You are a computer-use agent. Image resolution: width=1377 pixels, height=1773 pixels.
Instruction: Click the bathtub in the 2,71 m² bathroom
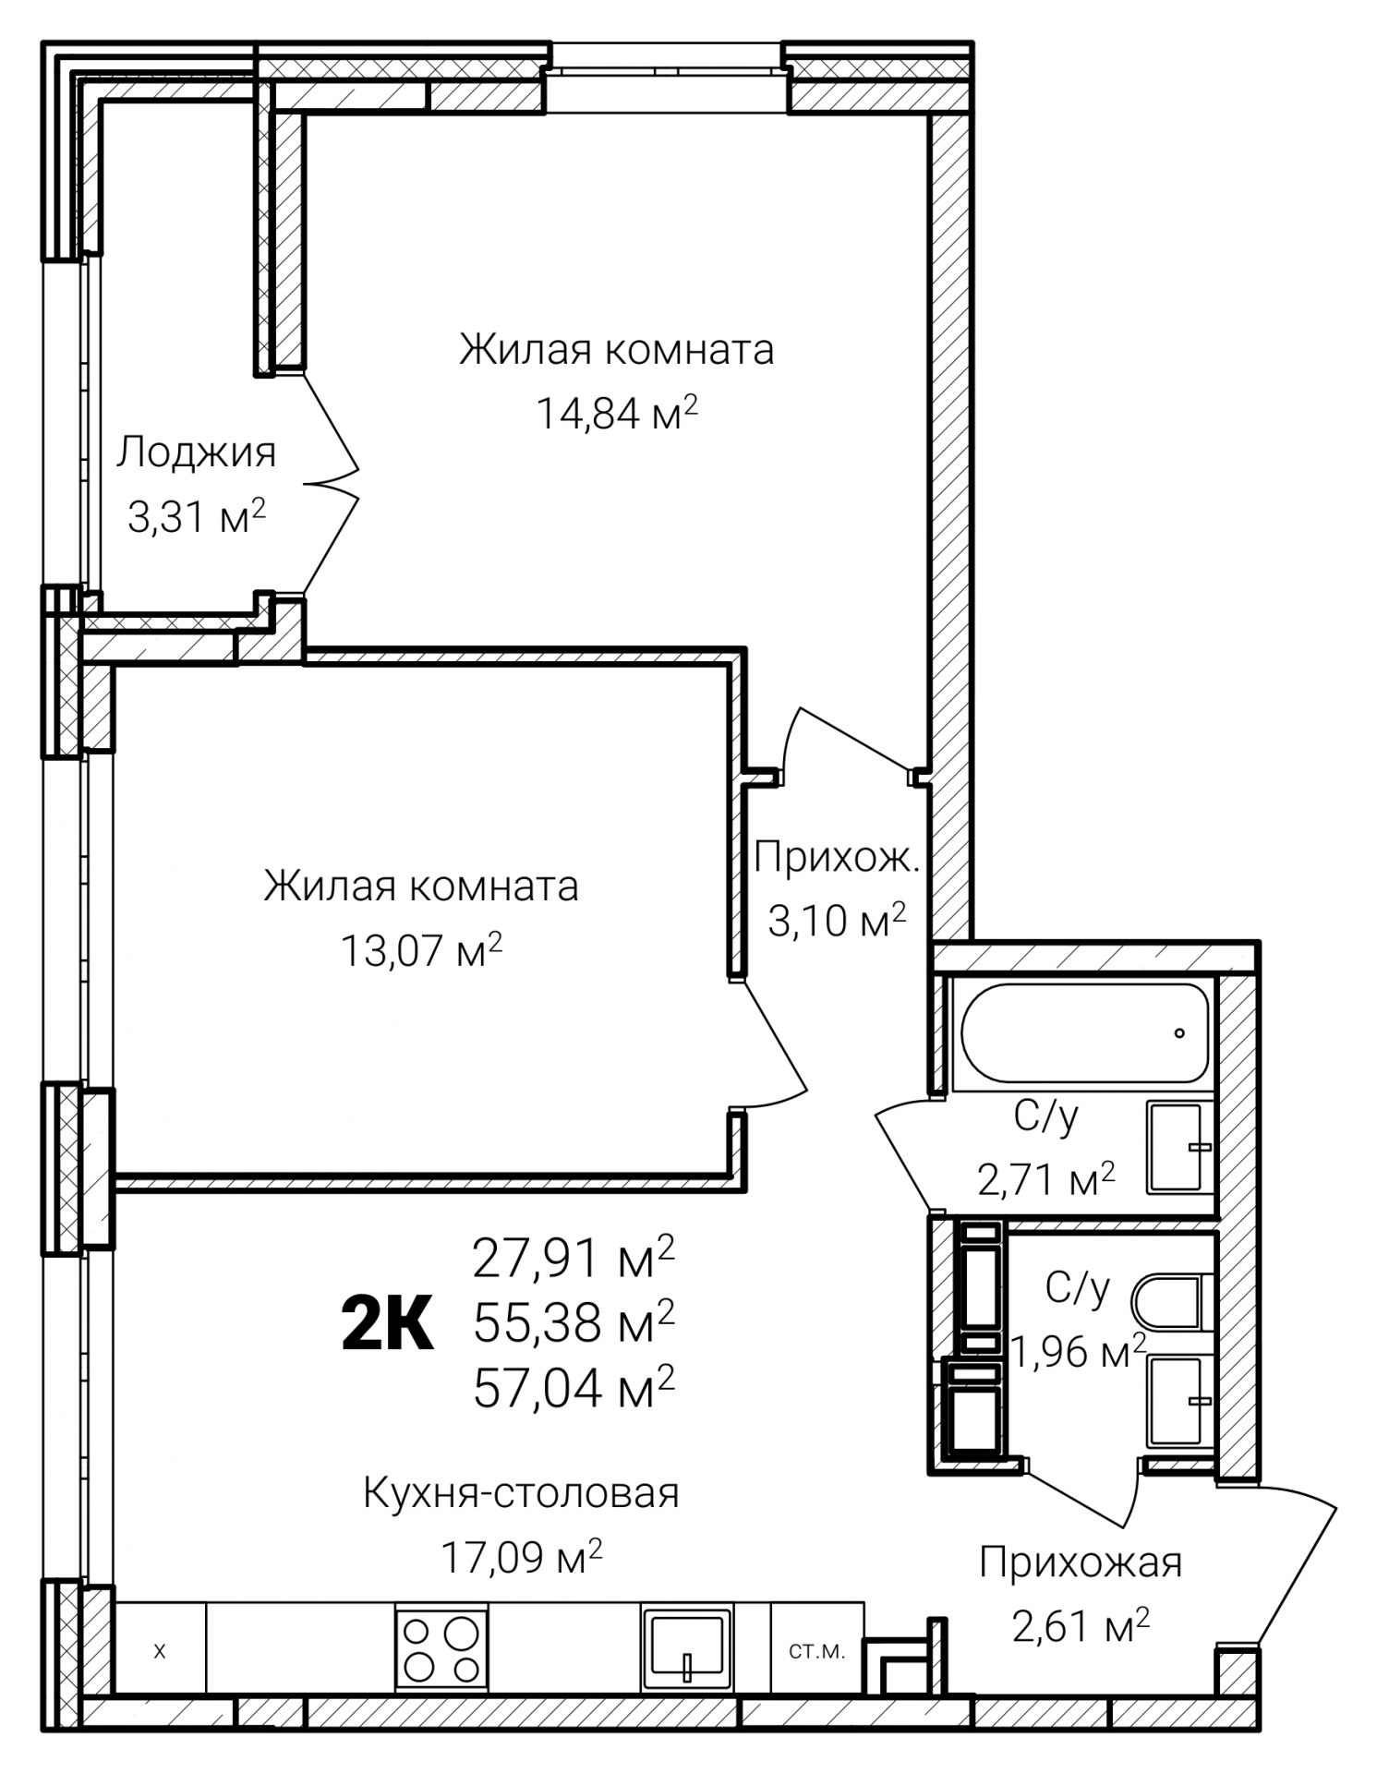tap(1084, 1031)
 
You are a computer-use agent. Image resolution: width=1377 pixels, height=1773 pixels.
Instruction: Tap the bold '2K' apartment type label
tap(387, 1323)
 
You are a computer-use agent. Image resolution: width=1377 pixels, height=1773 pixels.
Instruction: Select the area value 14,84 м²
tap(617, 412)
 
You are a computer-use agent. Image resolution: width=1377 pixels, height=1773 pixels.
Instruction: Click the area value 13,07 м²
tap(422, 948)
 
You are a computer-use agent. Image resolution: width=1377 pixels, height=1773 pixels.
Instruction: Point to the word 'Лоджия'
tap(196, 453)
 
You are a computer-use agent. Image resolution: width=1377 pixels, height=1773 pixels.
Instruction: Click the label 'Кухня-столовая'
tap(521, 1493)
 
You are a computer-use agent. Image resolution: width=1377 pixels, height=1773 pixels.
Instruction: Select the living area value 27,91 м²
tap(574, 1257)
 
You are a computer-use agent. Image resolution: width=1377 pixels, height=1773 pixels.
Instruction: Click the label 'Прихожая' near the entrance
tap(1081, 1563)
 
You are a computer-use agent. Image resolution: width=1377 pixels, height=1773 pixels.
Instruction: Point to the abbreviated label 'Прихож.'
tap(837, 859)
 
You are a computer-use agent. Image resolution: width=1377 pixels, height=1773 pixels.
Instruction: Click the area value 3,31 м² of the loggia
tap(197, 516)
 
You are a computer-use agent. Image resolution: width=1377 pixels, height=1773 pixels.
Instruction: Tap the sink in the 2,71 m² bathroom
tap(1178, 1146)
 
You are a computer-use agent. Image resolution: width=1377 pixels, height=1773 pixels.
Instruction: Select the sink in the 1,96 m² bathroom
tap(1178, 1402)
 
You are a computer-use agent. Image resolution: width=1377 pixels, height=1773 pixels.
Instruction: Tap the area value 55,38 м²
tap(574, 1321)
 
